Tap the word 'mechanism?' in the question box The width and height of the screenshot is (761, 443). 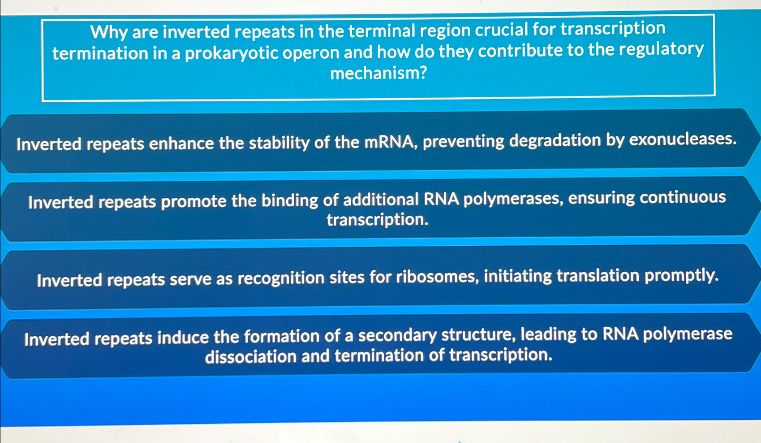click(378, 73)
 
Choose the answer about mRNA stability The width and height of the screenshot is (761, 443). click(376, 142)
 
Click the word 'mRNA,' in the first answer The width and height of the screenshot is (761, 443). click(391, 142)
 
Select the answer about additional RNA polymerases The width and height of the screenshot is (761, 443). click(376, 209)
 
